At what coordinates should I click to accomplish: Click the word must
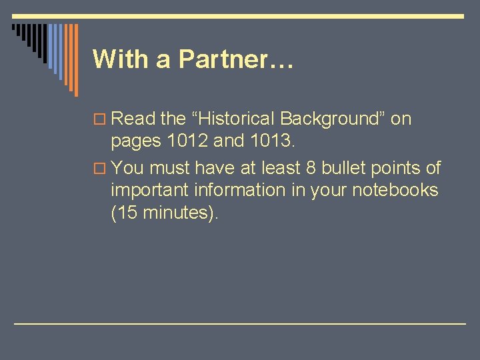[171, 167]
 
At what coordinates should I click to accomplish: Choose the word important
[150, 191]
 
